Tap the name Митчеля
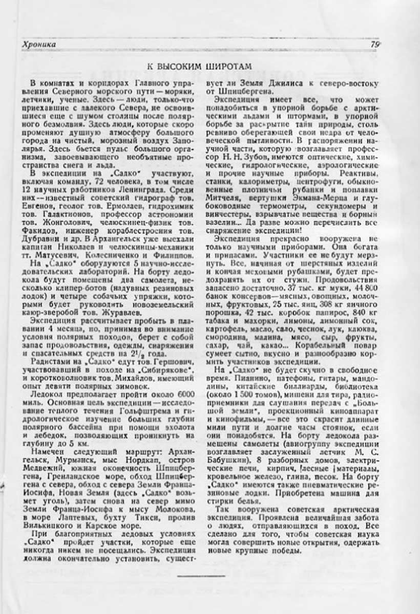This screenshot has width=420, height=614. pos(233,198)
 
